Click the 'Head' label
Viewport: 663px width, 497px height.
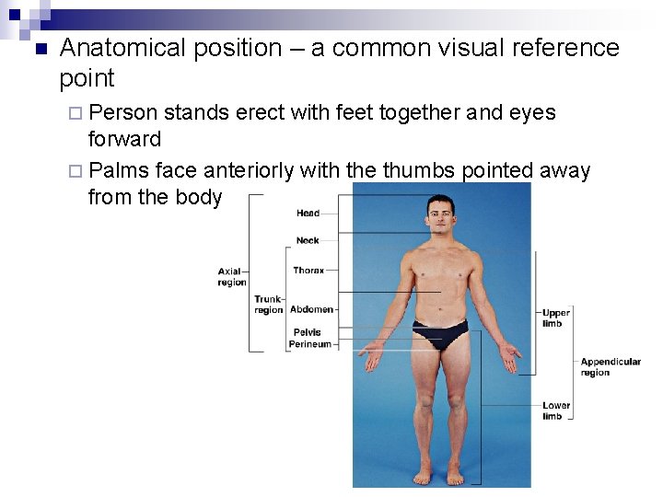click(308, 214)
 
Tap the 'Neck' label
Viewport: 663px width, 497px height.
click(308, 240)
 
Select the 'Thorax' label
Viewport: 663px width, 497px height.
click(308, 271)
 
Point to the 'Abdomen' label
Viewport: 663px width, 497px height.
click(311, 310)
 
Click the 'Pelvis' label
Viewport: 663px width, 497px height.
click(308, 332)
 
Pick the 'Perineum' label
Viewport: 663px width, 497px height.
click(309, 344)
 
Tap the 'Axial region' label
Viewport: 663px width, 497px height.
click(231, 277)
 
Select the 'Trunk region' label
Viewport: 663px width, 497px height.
click(268, 305)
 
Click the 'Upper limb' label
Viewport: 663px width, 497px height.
click(556, 318)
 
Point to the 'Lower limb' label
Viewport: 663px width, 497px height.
click(556, 410)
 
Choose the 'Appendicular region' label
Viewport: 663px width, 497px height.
click(611, 367)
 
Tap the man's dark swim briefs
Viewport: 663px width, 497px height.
click(440, 332)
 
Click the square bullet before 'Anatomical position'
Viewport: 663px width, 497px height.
click(38, 49)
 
